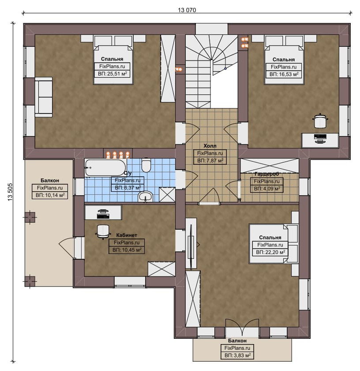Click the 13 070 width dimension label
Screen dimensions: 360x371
click(x=187, y=10)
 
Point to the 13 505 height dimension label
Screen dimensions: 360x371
click(x=10, y=192)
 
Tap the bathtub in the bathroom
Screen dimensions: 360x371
click(x=105, y=167)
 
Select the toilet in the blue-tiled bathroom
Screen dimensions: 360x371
click(x=146, y=165)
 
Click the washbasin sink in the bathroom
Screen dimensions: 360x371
click(x=146, y=197)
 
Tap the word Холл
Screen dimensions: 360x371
click(x=210, y=146)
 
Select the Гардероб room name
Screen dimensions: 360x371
click(x=266, y=174)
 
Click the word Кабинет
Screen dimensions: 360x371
click(x=127, y=235)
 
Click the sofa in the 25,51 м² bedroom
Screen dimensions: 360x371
click(x=44, y=97)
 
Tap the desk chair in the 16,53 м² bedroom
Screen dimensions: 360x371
click(x=320, y=121)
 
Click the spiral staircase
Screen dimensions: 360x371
click(x=211, y=72)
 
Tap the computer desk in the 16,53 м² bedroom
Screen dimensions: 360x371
click(x=320, y=140)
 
